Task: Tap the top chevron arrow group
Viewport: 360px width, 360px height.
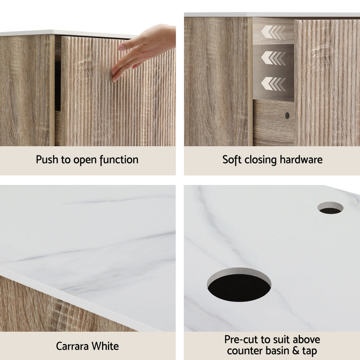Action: pyautogui.click(x=273, y=31)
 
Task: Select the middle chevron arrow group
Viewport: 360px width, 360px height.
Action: pyautogui.click(x=273, y=58)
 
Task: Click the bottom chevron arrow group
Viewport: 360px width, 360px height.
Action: pyautogui.click(x=273, y=84)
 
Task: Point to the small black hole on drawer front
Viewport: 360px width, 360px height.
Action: pyautogui.click(x=288, y=115)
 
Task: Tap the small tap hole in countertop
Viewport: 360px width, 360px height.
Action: pyautogui.click(x=330, y=208)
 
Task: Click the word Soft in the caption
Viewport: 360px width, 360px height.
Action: pyautogui.click(x=233, y=159)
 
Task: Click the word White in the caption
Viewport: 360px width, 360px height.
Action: pyautogui.click(x=106, y=346)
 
